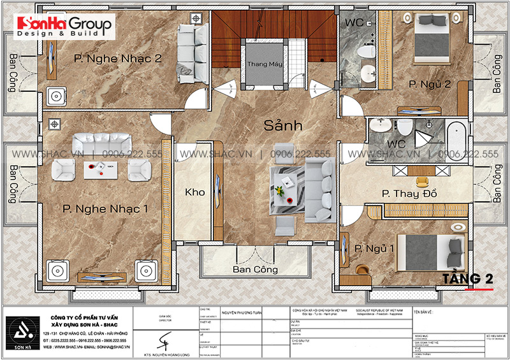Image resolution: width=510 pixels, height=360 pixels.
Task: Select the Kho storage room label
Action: [194, 192]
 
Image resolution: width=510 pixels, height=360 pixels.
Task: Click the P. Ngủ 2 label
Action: [421, 83]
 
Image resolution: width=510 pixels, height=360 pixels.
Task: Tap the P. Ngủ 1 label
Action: [372, 248]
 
